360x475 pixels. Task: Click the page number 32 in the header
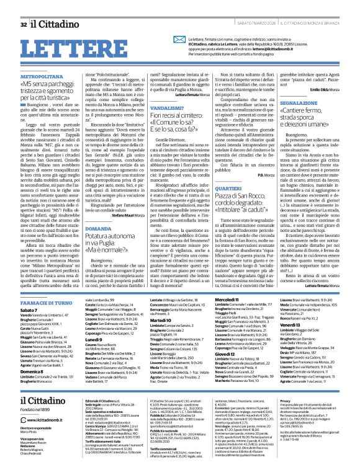[23, 7]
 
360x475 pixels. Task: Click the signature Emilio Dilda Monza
[325, 72]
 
